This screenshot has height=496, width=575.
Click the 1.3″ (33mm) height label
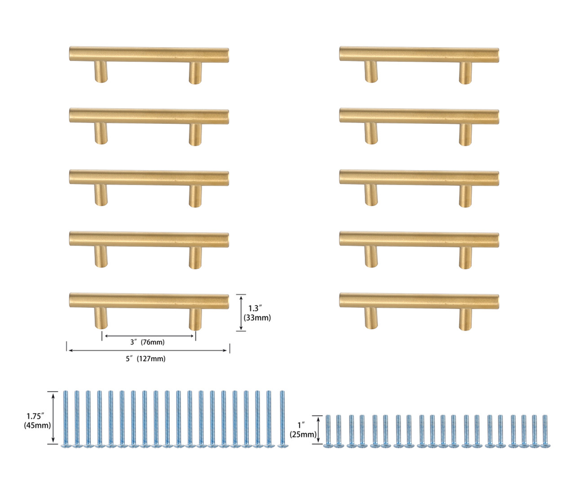pyautogui.click(x=257, y=313)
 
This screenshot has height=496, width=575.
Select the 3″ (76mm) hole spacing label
pyautogui.click(x=147, y=342)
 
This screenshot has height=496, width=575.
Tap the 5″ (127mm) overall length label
pyautogui.click(x=146, y=359)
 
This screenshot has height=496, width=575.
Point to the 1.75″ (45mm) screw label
pyautogui.click(x=37, y=421)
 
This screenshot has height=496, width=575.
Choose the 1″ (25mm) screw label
pyautogui.click(x=302, y=430)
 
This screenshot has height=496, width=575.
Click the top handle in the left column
pyautogui.click(x=149, y=54)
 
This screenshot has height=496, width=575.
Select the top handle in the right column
pyautogui.click(x=419, y=54)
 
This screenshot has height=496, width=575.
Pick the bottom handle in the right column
pyautogui.click(x=419, y=301)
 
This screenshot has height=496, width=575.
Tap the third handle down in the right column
pyautogui.click(x=419, y=178)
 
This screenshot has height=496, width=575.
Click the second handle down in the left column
pyautogui.click(x=149, y=116)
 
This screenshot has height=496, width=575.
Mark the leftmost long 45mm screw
pyautogui.click(x=66, y=419)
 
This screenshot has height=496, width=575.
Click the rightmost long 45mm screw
pyautogui.click(x=282, y=419)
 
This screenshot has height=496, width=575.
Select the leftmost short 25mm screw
pyautogui.click(x=328, y=431)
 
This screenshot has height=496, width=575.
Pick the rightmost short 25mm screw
pyautogui.click(x=545, y=431)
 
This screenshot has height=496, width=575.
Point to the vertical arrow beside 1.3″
pyautogui.click(x=242, y=313)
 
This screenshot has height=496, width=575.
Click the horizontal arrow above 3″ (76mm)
pyautogui.click(x=149, y=335)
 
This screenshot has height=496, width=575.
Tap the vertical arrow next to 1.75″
pyautogui.click(x=54, y=418)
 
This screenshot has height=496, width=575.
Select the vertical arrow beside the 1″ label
pyautogui.click(x=319, y=430)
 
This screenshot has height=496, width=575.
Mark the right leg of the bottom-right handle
pyautogui.click(x=465, y=319)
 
